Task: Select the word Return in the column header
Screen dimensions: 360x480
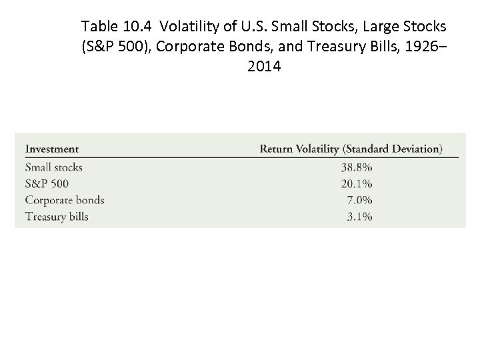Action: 277,149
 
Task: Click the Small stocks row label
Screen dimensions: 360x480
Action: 53,167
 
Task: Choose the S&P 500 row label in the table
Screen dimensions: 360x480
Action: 47,183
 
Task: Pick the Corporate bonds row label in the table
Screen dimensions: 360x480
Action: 64,200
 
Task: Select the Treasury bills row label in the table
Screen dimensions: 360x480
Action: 57,217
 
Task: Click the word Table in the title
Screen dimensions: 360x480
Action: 98,27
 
